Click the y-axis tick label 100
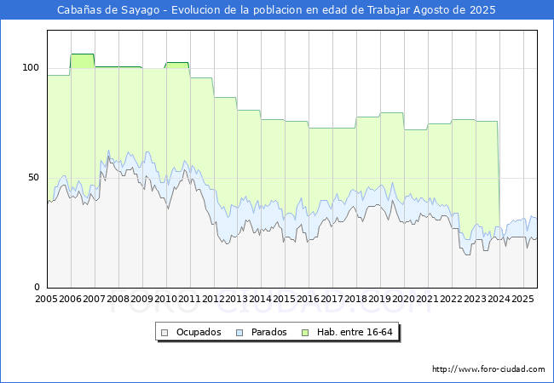31,67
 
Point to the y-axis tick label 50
33,177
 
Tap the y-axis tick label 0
37,287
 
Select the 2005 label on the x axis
46,299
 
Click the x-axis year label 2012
213,299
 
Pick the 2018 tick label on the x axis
356,299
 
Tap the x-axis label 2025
522,299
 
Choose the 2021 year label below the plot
428,299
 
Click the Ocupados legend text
199,332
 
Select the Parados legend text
268,332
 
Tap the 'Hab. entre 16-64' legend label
355,332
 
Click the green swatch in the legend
305,333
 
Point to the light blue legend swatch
239,333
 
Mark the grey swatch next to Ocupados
164,333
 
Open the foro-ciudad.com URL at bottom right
488,369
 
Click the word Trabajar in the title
389,10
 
